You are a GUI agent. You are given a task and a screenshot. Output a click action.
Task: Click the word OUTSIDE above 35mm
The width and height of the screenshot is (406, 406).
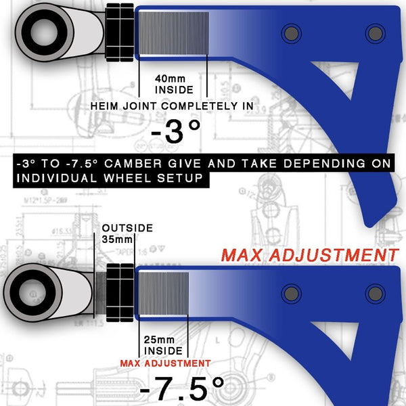127,229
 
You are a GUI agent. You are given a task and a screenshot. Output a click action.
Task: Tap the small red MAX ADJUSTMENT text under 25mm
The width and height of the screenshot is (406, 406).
164,363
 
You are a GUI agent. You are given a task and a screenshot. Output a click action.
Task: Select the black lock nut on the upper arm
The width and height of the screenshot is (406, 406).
119,31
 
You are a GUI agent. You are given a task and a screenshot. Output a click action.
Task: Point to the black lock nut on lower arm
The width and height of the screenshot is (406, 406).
120,293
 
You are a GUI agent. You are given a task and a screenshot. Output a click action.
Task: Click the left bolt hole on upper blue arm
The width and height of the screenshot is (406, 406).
292,32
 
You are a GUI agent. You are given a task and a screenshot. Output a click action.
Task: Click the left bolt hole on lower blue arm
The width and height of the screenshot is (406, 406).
292,293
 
